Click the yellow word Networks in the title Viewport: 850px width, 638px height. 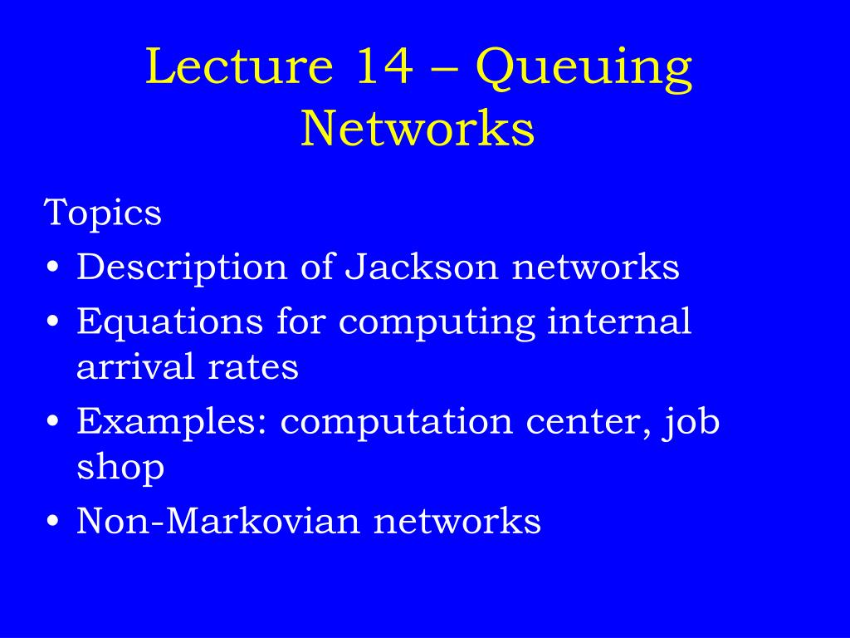418,128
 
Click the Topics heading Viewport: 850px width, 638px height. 102,212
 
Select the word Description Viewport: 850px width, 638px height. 182,267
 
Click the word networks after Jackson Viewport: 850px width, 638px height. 595,266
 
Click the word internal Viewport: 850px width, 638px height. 619,321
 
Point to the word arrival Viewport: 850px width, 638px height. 135,366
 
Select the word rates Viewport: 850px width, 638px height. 253,367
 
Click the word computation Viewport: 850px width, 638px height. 396,422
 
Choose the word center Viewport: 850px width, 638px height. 588,423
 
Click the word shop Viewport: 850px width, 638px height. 120,467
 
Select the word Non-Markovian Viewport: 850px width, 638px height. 218,521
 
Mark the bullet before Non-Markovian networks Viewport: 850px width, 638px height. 52,522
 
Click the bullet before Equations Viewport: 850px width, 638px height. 52,321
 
